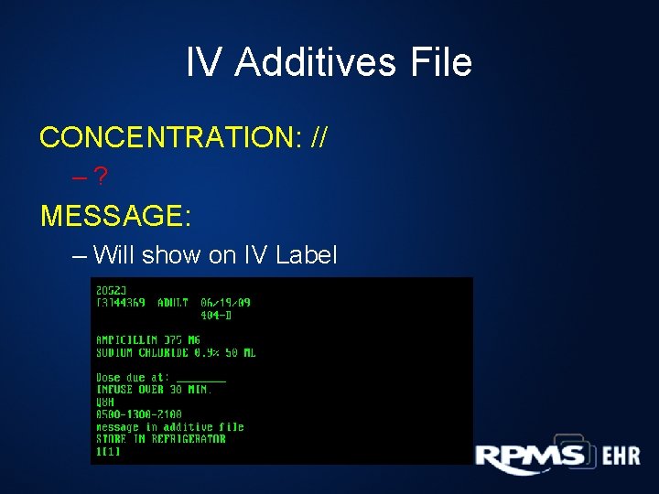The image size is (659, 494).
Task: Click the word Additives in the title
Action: click(315, 63)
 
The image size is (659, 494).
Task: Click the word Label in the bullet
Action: click(303, 255)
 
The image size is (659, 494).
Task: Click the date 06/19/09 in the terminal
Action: click(225, 303)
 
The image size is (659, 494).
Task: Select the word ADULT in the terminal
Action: click(173, 303)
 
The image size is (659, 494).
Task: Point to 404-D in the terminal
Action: click(216, 316)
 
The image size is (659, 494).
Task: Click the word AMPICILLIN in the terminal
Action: click(126, 340)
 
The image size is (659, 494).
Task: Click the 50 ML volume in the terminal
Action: click(240, 352)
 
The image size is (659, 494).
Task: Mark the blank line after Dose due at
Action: click(200, 378)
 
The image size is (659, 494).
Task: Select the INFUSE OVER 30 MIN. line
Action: click(154, 390)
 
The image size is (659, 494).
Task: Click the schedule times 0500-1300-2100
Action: click(138, 414)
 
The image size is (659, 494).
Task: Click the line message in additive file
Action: click(170, 427)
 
